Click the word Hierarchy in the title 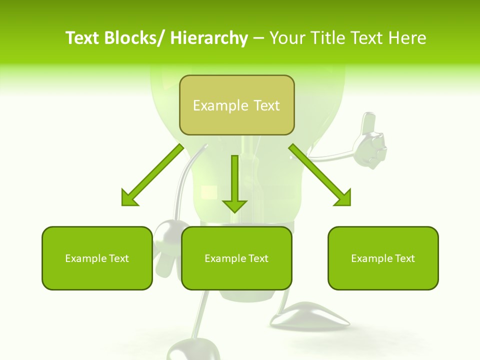[209, 38]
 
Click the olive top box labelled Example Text [236, 105]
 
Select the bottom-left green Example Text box [97, 258]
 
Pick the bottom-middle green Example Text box [236, 258]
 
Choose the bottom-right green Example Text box [383, 258]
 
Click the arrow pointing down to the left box [152, 175]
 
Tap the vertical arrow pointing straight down [234, 182]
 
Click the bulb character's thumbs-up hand [371, 142]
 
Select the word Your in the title [288, 38]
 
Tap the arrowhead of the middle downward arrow [234, 205]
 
